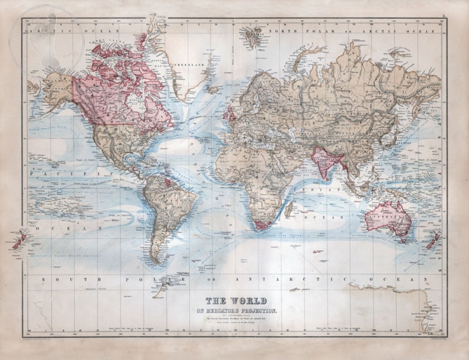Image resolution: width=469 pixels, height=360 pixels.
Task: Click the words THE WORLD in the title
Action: tap(236, 301)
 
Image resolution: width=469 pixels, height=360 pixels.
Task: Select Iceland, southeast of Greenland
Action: tap(213, 89)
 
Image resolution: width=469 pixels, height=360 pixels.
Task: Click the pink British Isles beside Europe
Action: tap(228, 114)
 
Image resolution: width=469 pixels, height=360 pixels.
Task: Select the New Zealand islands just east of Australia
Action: tap(432, 241)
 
